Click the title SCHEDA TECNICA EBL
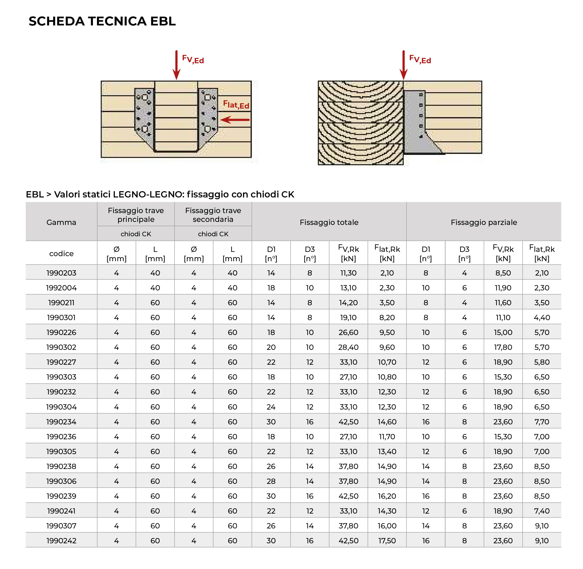click(x=102, y=21)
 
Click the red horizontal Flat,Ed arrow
click(x=235, y=120)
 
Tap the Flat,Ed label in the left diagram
click(x=236, y=105)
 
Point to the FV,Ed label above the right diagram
click(x=420, y=59)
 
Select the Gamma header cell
click(x=61, y=222)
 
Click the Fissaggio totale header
click(x=329, y=222)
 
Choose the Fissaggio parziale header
click(x=484, y=222)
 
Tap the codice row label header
click(x=61, y=253)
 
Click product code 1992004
click(x=61, y=288)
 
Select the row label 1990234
click(x=61, y=422)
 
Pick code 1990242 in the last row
click(x=61, y=541)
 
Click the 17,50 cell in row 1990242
click(x=387, y=541)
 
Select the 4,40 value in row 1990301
click(x=542, y=317)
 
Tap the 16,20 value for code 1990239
click(x=387, y=496)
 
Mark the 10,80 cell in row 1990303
click(x=387, y=377)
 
